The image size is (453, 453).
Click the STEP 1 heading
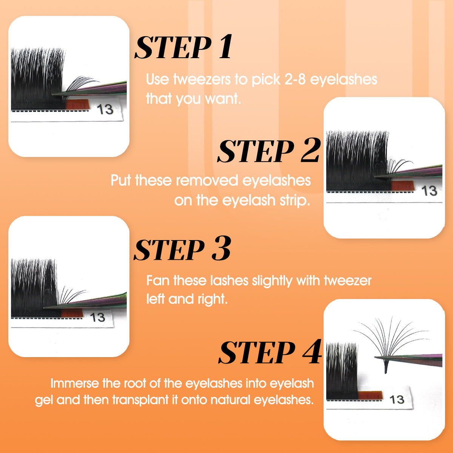coord(183,47)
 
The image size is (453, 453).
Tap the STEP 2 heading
coord(269,151)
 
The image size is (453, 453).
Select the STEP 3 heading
coord(182,249)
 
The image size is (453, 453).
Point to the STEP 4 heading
coord(270,352)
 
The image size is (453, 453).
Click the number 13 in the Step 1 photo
coord(105,109)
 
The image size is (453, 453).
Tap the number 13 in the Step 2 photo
coord(429,191)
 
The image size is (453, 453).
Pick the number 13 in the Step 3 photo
coord(97,317)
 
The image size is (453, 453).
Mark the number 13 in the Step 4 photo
coord(397,399)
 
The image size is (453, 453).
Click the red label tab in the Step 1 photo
coord(78,104)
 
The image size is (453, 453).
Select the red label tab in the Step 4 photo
coord(370,395)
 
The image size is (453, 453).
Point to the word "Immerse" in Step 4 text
coord(75,384)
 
